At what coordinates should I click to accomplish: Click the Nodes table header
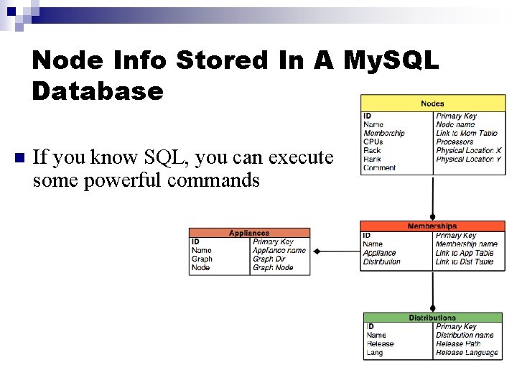pos(432,104)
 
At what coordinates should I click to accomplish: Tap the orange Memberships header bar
pos(432,226)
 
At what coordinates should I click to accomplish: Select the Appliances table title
pos(249,233)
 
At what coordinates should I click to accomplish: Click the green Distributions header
pos(432,318)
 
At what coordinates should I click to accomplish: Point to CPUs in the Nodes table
pos(373,142)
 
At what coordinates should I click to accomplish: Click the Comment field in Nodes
pos(379,168)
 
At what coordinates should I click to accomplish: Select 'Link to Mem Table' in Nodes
pos(467,133)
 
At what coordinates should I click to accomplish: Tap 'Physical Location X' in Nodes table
pos(469,150)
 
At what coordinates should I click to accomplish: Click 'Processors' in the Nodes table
pos(455,142)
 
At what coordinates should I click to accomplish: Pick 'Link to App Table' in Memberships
pos(465,253)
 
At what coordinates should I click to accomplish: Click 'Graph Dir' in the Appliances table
pos(269,259)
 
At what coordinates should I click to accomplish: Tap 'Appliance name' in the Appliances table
pos(279,250)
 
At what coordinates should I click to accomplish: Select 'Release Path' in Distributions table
pos(458,343)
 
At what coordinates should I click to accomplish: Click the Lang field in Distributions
pos(374,353)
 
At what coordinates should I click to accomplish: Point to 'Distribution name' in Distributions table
pos(465,335)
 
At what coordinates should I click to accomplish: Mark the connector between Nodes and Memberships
pos(432,198)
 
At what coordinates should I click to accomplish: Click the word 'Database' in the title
pos(98,91)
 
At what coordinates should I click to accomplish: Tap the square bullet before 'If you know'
pos(20,157)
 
